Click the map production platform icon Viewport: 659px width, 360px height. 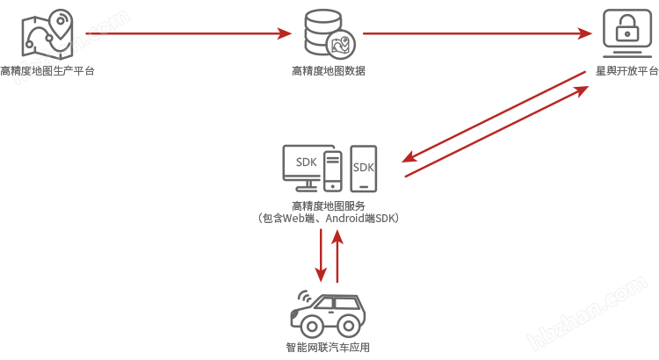tap(47, 33)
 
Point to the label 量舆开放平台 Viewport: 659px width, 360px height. tap(626, 71)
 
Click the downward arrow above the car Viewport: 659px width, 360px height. tap(322, 253)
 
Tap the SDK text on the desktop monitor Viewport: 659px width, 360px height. tap(307, 162)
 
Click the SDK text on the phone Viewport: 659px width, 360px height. tap(363, 167)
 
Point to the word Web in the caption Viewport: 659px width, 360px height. tap(292, 218)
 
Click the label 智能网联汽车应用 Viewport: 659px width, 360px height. tap(328, 347)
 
